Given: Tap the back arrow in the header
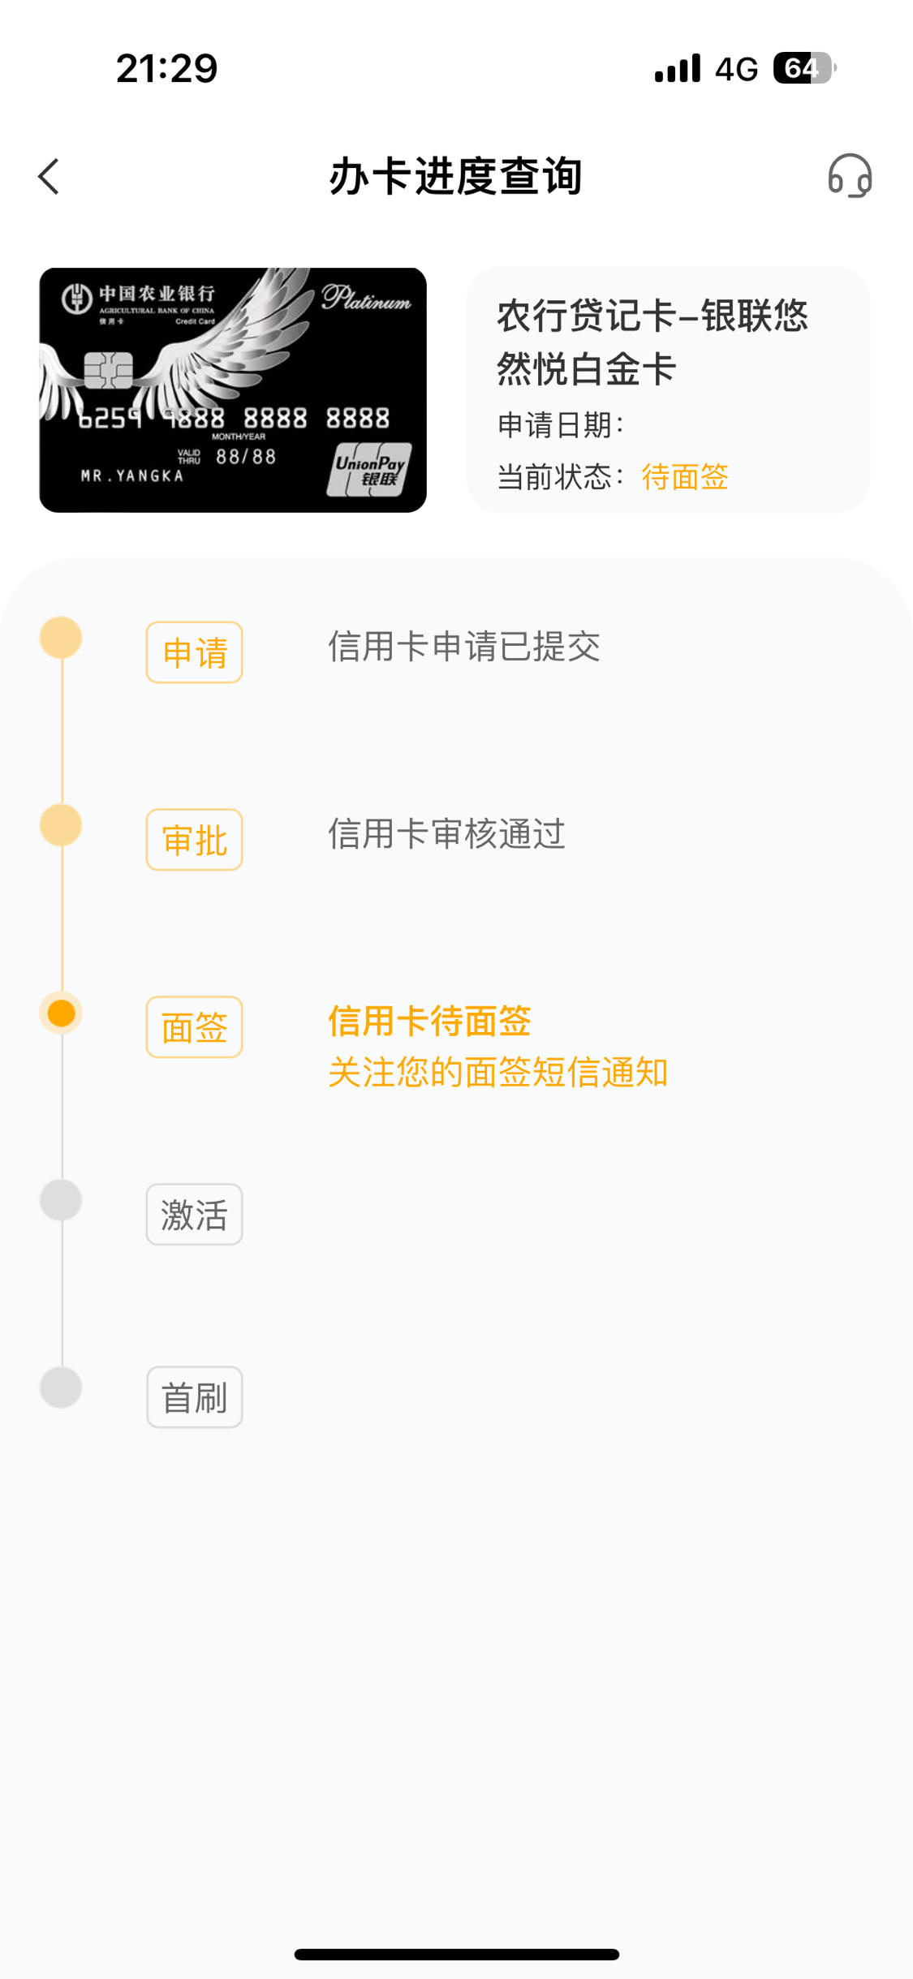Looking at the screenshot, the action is [x=49, y=176].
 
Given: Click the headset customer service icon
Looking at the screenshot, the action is [x=850, y=176].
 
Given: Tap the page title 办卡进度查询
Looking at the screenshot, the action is [x=456, y=176].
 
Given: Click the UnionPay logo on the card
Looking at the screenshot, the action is [x=369, y=469].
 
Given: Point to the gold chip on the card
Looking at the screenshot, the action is [x=108, y=371].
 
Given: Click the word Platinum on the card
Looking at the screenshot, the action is [x=366, y=297].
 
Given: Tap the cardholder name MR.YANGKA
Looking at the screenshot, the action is [x=132, y=475].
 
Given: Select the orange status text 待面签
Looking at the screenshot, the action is [x=685, y=476].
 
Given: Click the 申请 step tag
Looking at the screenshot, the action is [x=194, y=652].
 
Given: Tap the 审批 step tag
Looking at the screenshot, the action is [x=194, y=840].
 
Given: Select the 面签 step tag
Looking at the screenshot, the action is [x=194, y=1027].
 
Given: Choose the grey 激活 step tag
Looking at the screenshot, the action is [x=194, y=1215].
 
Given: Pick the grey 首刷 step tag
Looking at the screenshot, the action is [x=194, y=1397].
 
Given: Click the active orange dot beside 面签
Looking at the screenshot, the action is [x=61, y=1013].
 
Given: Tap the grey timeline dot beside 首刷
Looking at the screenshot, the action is [x=61, y=1387].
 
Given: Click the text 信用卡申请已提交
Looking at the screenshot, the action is [x=464, y=647].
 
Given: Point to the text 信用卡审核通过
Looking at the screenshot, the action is [x=446, y=834].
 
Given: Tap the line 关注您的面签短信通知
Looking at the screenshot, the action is [x=498, y=1072].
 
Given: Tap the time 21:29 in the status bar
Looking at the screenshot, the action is [x=166, y=68].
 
